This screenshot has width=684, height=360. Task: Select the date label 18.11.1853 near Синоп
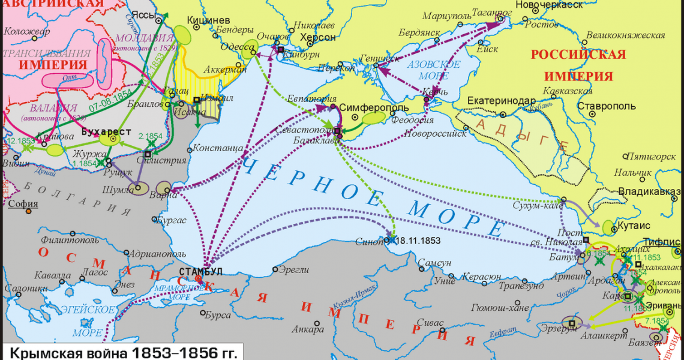click(x=418, y=240)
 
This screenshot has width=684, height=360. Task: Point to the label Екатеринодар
click(x=499, y=100)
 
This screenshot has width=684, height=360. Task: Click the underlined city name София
click(x=23, y=203)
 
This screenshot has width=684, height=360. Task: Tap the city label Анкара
click(x=307, y=329)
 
